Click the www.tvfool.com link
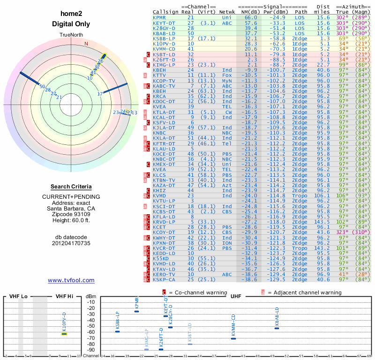click(71, 280)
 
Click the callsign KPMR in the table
click(159, 17)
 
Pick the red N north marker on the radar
click(86, 44)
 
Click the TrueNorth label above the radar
click(71, 36)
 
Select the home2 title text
click(71, 14)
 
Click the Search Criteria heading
click(71, 186)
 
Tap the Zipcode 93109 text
click(71, 214)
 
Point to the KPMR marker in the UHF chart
click(136, 311)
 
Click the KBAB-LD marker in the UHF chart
click(277, 328)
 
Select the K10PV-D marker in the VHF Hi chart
click(64, 334)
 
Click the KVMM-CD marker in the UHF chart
click(233, 338)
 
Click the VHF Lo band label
click(18, 297)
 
